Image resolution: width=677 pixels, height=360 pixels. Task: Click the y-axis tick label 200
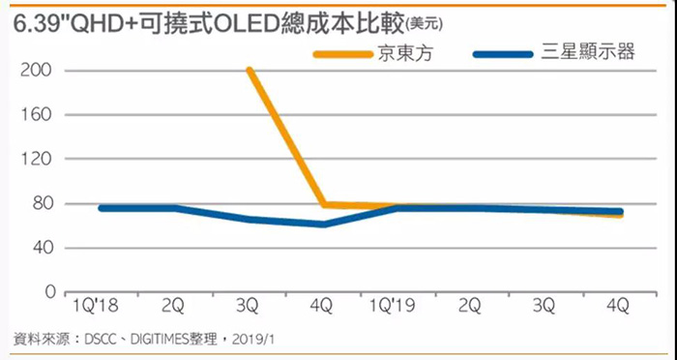pos(43,71)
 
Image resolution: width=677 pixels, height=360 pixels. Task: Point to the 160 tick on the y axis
pos(43,115)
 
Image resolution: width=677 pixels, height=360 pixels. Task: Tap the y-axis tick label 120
pos(43,159)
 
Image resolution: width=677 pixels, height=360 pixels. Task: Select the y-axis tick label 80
pos(46,203)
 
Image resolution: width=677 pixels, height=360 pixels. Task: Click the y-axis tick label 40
pos(46,248)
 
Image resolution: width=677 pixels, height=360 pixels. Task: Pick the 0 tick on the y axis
pos(50,291)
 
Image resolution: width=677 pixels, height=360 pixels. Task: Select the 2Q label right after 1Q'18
pos(173,307)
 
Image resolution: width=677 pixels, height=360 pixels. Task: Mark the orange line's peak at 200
pos(249,71)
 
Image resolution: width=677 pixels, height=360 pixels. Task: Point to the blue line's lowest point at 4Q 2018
pos(323,224)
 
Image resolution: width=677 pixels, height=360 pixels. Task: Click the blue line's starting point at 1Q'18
pos(101,208)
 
